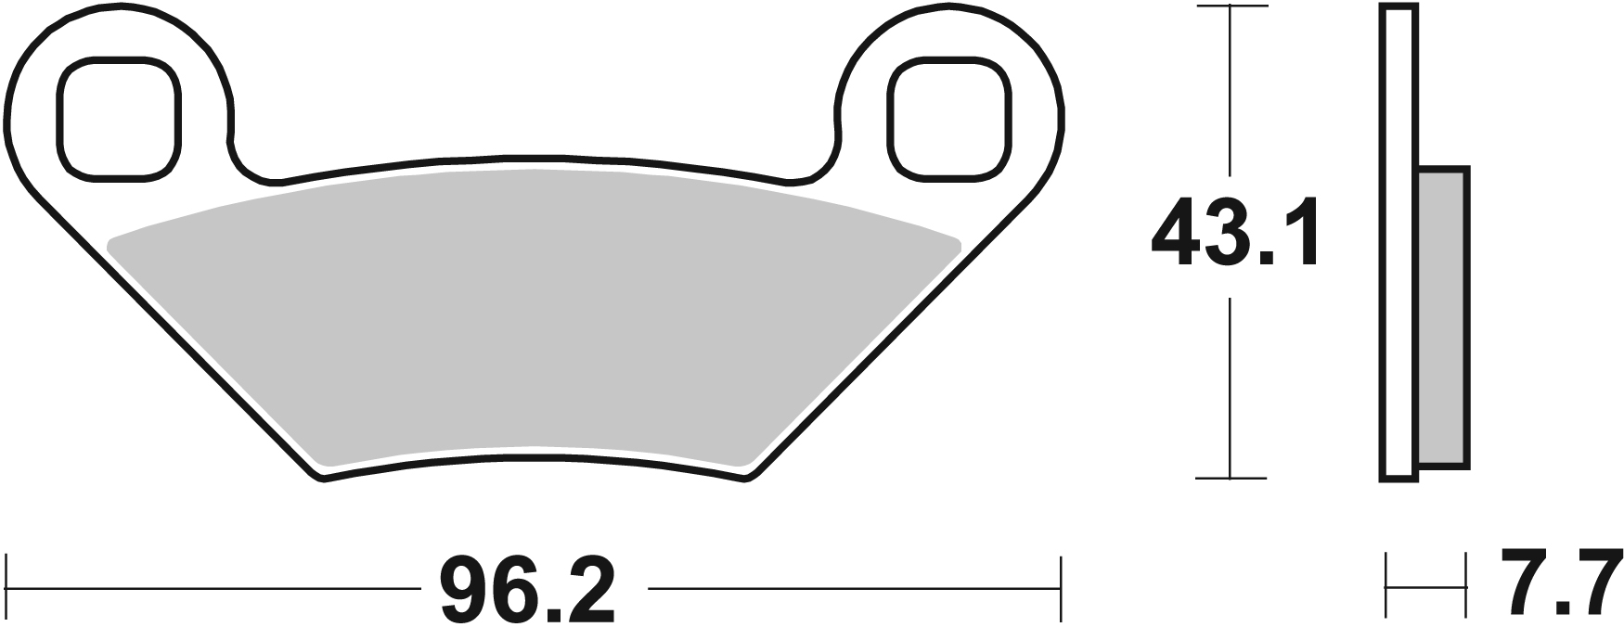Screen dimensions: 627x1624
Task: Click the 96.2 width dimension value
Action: tap(527, 591)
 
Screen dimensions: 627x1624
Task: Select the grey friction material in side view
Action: tap(1444, 315)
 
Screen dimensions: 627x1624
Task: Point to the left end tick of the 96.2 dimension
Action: tap(7, 588)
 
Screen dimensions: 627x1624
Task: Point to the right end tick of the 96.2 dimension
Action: tap(1060, 588)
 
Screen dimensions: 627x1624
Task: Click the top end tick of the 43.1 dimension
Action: tap(1231, 6)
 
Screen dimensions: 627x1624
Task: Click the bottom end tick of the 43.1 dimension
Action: tap(1231, 479)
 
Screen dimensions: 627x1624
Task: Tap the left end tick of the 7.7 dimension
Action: tap(1386, 586)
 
